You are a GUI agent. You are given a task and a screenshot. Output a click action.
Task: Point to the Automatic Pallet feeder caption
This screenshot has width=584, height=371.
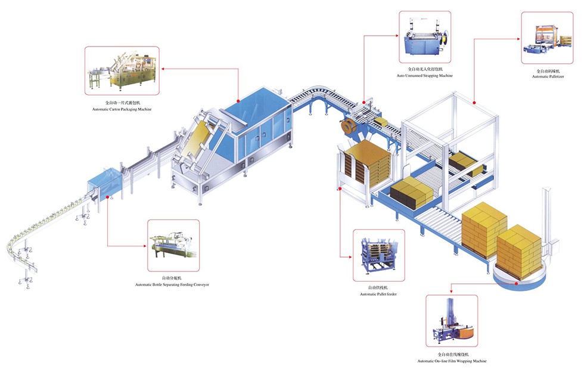[378, 294]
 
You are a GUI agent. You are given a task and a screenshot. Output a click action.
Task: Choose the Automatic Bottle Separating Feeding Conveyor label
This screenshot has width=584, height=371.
[172, 285]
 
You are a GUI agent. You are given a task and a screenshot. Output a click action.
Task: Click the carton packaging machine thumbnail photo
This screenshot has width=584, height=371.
[122, 71]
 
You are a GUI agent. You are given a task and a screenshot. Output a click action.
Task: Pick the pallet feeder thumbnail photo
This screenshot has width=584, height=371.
[378, 255]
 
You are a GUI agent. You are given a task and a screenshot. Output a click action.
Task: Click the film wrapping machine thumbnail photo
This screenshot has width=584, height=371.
[452, 322]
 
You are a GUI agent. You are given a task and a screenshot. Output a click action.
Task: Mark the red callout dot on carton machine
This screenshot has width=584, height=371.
[237, 100]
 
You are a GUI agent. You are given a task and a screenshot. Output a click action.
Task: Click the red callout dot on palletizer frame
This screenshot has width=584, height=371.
[474, 103]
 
